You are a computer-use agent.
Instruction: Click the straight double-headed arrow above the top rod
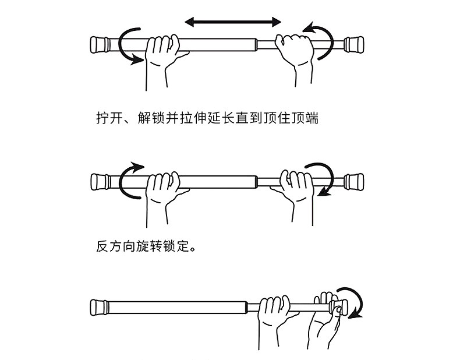pyautogui.click(x=233, y=22)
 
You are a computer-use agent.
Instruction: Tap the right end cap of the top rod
pyautogui.click(x=355, y=45)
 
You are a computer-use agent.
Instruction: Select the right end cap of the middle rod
pyautogui.click(x=355, y=181)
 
